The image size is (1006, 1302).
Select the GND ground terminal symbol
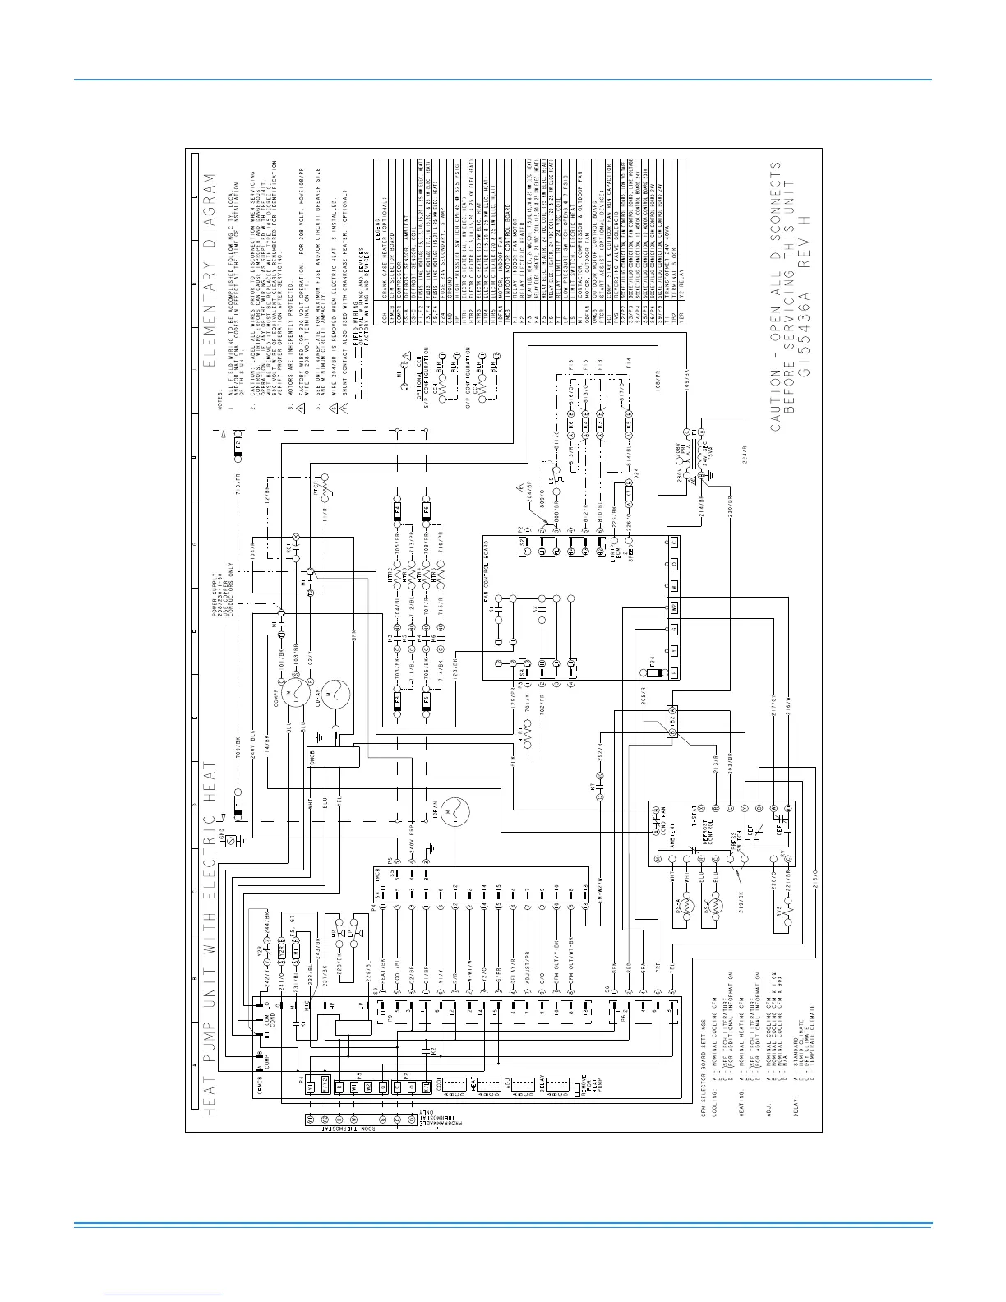tap(232, 840)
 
